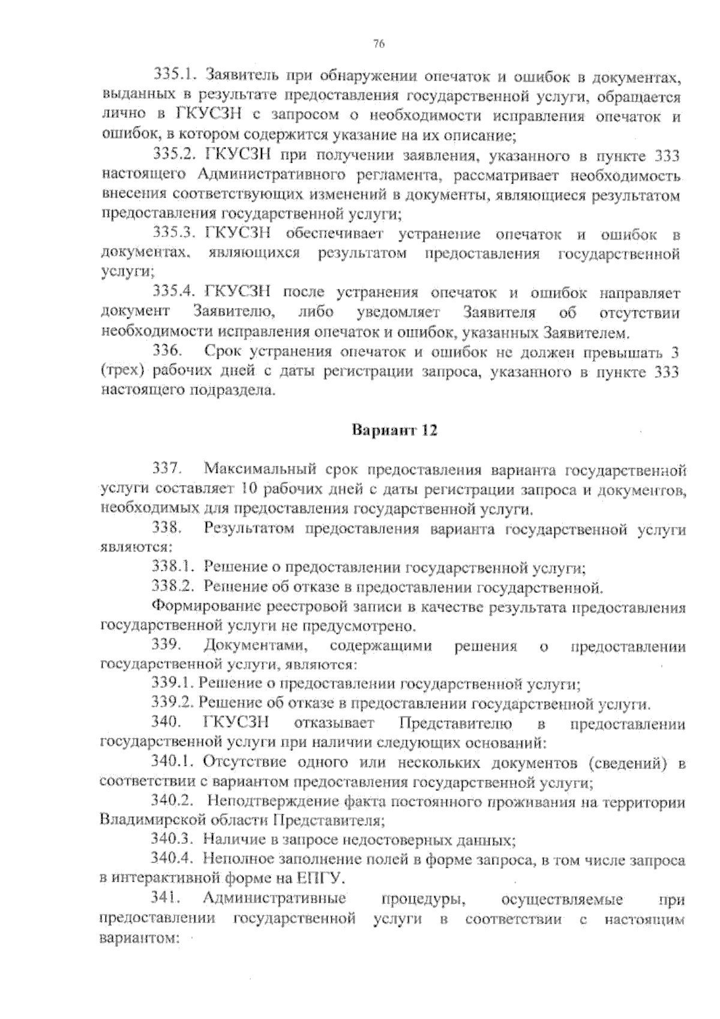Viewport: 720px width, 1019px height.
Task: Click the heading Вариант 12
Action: click(x=394, y=431)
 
